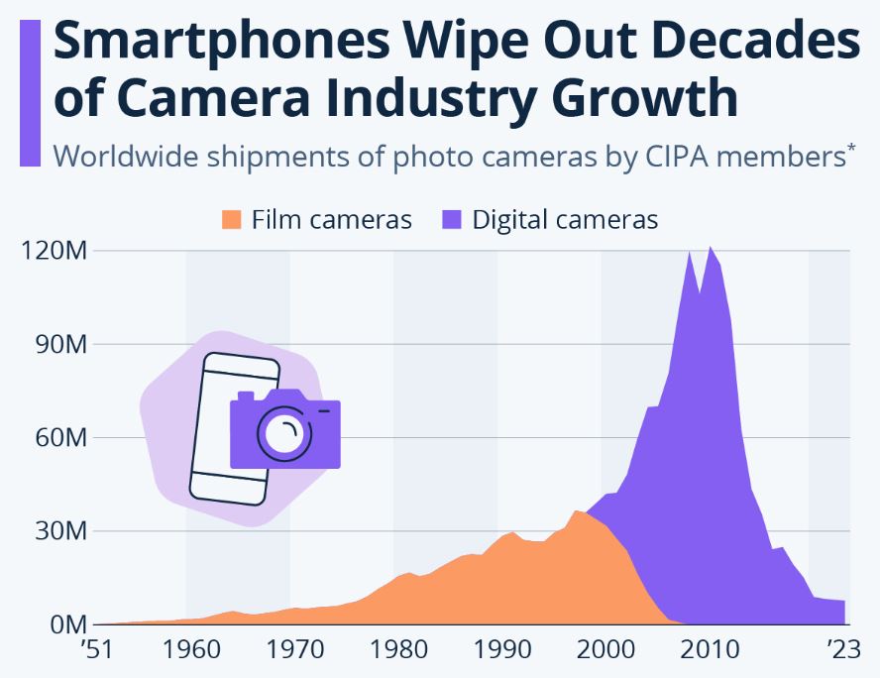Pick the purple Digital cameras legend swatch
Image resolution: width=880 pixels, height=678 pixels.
click(x=451, y=220)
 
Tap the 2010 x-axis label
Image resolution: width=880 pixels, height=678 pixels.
click(x=709, y=651)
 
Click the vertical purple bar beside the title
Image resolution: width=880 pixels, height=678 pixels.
click(x=30, y=93)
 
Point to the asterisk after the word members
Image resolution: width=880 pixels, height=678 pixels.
click(x=850, y=149)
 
